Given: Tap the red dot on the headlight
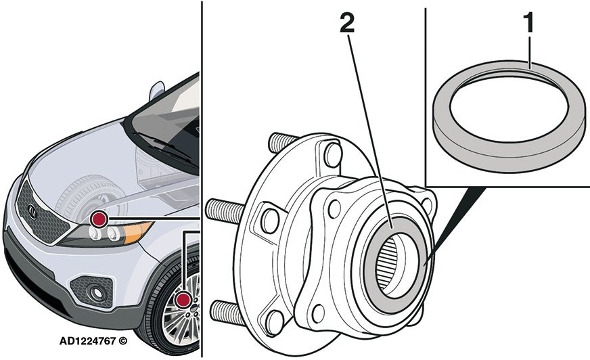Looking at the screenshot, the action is pyautogui.click(x=99, y=219).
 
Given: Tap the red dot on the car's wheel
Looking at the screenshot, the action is pyautogui.click(x=184, y=300).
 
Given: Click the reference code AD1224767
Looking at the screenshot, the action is pyautogui.click(x=87, y=341).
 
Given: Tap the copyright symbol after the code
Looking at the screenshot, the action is pyautogui.click(x=122, y=341).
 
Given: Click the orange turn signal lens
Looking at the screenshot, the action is pyautogui.click(x=138, y=231).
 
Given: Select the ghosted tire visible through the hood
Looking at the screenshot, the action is pyautogui.click(x=89, y=199).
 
